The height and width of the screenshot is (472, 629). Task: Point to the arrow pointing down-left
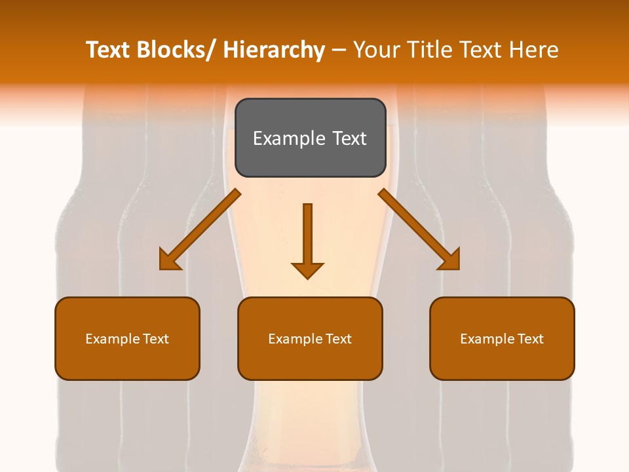200,229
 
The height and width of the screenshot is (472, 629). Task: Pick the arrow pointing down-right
419,229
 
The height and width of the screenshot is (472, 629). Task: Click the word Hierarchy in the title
274,50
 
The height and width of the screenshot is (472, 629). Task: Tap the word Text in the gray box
349,138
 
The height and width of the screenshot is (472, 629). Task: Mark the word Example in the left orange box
112,339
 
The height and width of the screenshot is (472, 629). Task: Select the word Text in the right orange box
530,339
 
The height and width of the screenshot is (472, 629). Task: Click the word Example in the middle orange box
295,339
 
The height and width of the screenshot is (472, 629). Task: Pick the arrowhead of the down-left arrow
169,260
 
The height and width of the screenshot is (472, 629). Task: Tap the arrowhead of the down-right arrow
449,260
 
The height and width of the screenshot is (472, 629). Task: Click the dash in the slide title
339,50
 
